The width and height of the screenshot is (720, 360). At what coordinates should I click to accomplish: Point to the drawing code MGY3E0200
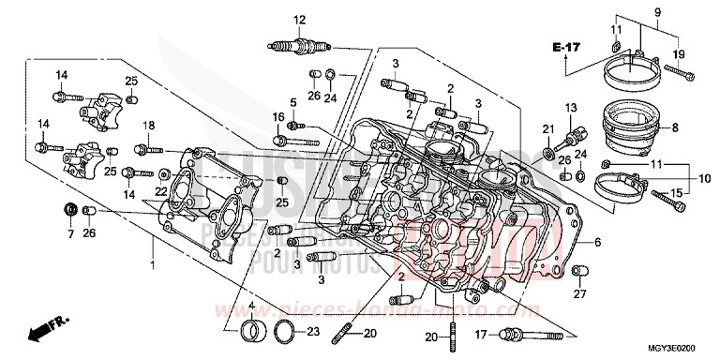pos(679,347)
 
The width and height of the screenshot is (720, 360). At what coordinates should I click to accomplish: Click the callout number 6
pos(596,242)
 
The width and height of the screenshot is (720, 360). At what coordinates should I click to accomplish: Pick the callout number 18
pos(148,126)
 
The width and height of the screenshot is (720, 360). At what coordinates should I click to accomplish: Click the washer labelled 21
pos(547,151)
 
